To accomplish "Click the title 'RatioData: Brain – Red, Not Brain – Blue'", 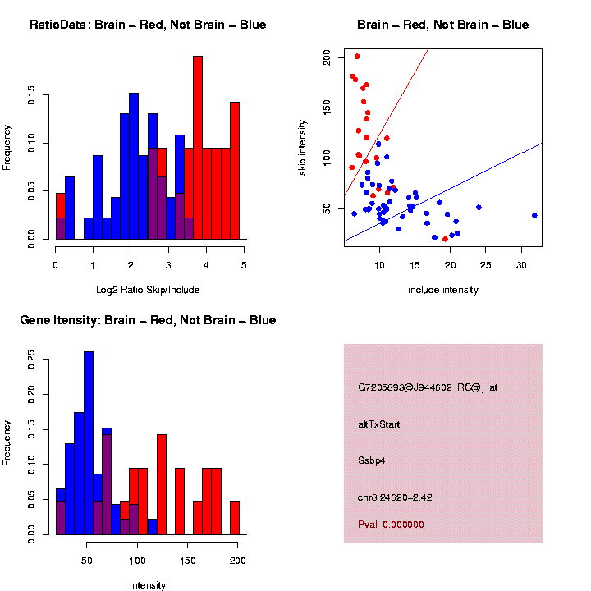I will pyautogui.click(x=148, y=25).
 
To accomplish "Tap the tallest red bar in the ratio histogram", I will pyautogui.click(x=198, y=148).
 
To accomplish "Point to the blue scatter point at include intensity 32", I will pyautogui.click(x=534, y=215).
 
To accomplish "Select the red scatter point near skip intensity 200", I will pyautogui.click(x=357, y=57).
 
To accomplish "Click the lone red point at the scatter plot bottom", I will pyautogui.click(x=445, y=239).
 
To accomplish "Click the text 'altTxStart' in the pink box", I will pyautogui.click(x=378, y=424).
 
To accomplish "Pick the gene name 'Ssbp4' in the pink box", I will pyautogui.click(x=371, y=460).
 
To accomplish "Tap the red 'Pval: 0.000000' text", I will pyautogui.click(x=391, y=525).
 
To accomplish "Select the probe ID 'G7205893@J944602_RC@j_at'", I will pyautogui.click(x=427, y=387).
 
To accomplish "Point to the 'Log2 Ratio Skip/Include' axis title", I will pyautogui.click(x=148, y=290).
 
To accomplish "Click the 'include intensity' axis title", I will pyautogui.click(x=443, y=290).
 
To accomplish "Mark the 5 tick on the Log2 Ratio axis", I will pyautogui.click(x=244, y=265).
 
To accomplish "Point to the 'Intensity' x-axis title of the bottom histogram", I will pyautogui.click(x=148, y=585).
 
